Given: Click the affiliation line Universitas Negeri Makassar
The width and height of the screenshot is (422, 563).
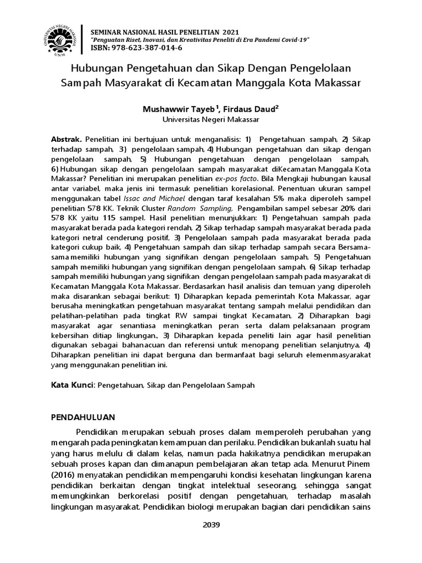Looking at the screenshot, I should (x=211, y=119).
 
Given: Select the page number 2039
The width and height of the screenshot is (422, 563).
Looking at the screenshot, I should (x=211, y=525).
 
